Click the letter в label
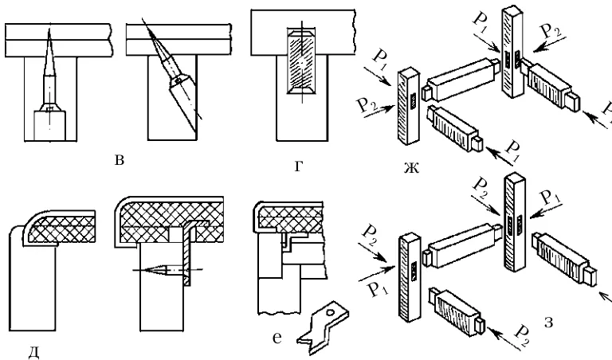(120, 160)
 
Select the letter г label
(299, 167)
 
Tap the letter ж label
(411, 168)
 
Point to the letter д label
(34, 352)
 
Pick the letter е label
(277, 338)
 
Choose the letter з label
(548, 323)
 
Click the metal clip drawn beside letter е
(323, 327)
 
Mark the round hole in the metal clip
(330, 312)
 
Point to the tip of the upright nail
(49, 29)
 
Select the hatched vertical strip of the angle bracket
(188, 253)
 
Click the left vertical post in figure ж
(409, 106)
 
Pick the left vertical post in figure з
(410, 278)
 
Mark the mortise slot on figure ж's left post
(414, 100)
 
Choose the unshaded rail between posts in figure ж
(463, 80)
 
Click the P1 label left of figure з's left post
(378, 290)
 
